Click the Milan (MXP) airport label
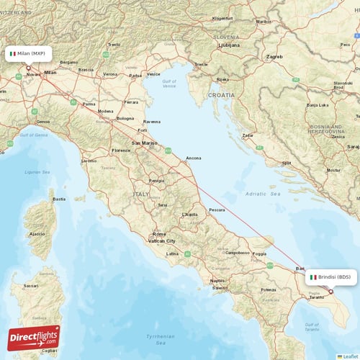(x=29, y=53)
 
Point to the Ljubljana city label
(x=229, y=44)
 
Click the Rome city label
(x=159, y=234)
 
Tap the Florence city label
(x=120, y=150)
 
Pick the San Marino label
(x=143, y=143)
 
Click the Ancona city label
(x=194, y=158)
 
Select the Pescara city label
(x=217, y=210)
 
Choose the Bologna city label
(x=125, y=118)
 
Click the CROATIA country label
(x=222, y=94)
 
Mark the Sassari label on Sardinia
(x=31, y=286)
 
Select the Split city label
(x=287, y=163)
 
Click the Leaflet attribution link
(x=349, y=356)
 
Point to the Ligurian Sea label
(x=37, y=172)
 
